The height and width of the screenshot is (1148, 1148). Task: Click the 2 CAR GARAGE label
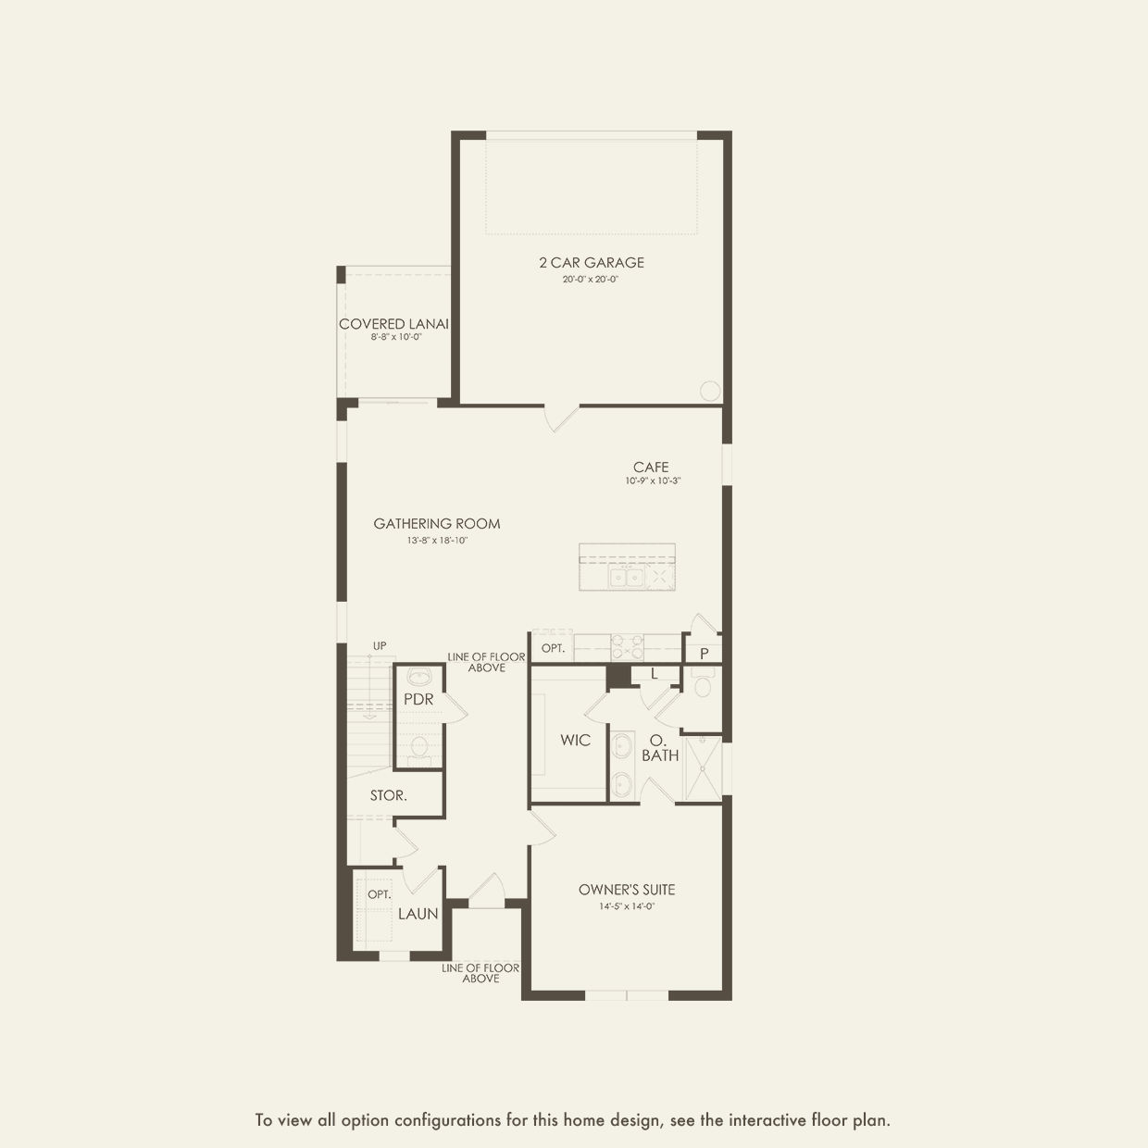(592, 262)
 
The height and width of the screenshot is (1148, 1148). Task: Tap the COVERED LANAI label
(393, 324)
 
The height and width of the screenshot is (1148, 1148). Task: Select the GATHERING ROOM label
(437, 524)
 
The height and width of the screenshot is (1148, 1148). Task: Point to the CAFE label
(651, 467)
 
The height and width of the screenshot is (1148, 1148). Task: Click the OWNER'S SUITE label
(627, 890)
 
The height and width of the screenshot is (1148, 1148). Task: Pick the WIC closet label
(576, 741)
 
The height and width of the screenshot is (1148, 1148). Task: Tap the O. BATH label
(659, 748)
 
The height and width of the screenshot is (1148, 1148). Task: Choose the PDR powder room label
(418, 699)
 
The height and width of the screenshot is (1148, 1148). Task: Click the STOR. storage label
(389, 795)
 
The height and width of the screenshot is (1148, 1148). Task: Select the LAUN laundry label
(418, 914)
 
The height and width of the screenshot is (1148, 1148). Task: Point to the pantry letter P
(705, 655)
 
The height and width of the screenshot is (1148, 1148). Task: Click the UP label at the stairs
(380, 646)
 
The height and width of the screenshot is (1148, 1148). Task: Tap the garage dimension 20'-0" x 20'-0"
(591, 279)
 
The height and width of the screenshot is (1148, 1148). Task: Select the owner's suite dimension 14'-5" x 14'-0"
(627, 906)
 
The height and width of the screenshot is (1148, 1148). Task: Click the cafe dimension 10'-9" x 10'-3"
(653, 480)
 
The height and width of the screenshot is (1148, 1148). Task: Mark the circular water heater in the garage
(710, 391)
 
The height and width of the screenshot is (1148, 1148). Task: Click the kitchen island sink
(626, 578)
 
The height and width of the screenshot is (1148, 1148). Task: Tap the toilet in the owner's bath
(703, 682)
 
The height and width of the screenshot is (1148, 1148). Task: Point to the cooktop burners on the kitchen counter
(628, 647)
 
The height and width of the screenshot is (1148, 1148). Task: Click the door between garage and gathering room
(561, 418)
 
